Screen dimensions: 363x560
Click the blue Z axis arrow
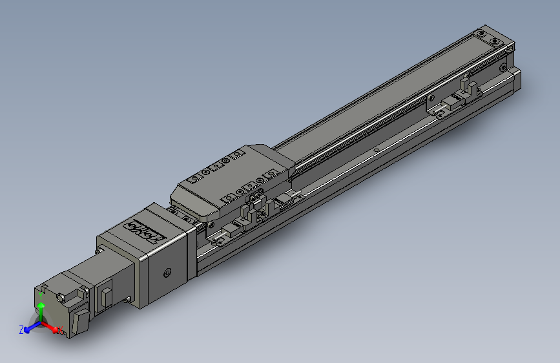click(x=30, y=328)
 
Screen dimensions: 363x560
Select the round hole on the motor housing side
click(x=167, y=274)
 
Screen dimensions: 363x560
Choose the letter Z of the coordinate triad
click(x=21, y=329)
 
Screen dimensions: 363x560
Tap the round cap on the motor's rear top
click(x=61, y=297)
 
